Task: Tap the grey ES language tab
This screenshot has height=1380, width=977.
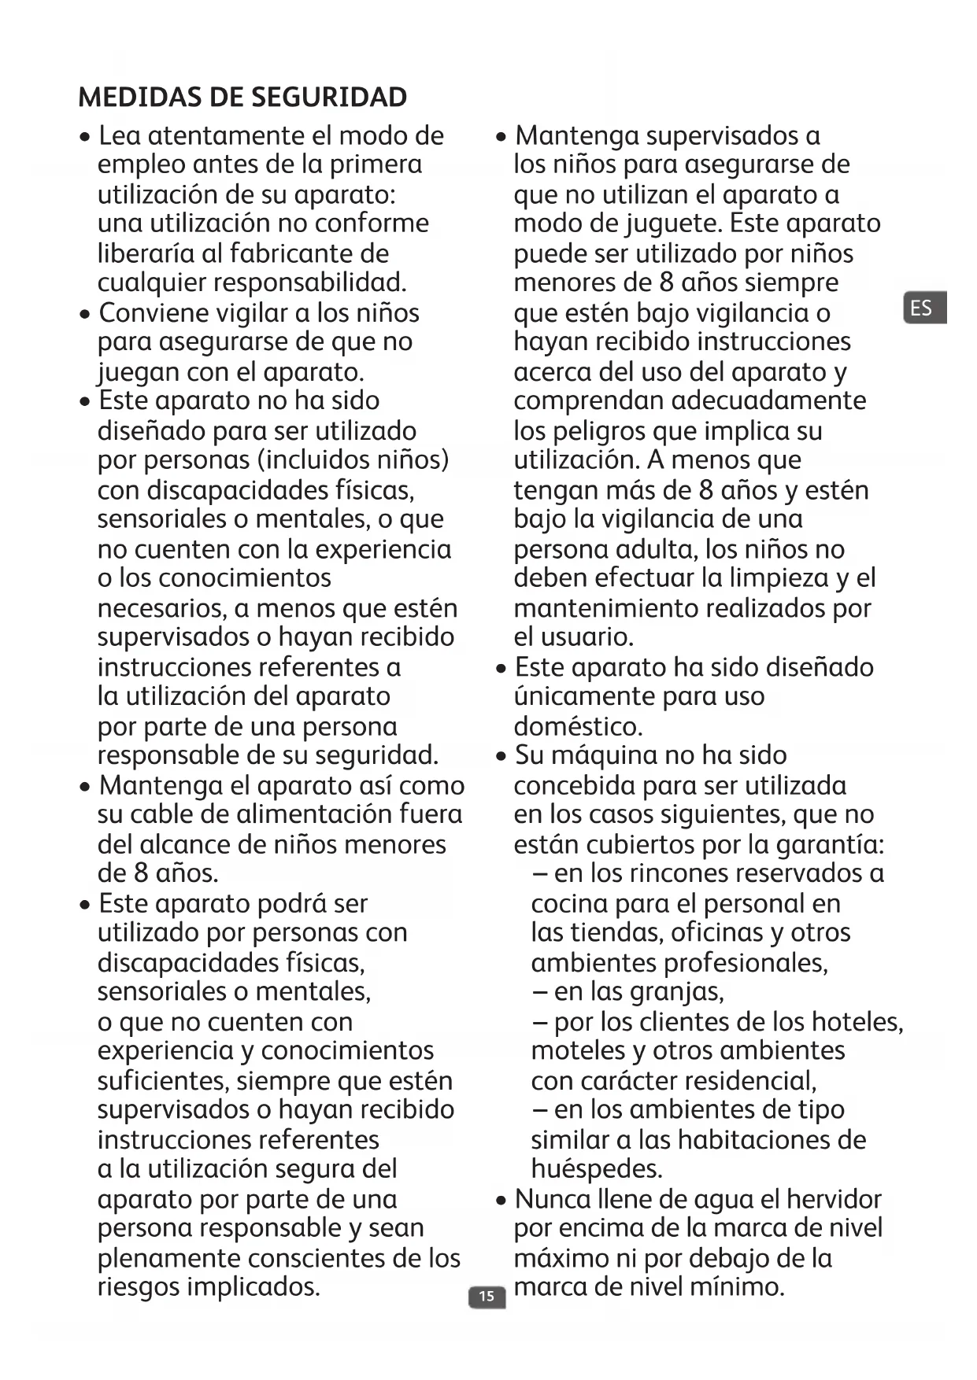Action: pyautogui.click(x=923, y=308)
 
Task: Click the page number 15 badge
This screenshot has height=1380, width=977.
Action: pyautogui.click(x=487, y=1297)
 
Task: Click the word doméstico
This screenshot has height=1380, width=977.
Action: pyautogui.click(x=578, y=725)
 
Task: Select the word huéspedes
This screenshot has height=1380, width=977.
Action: pyautogui.click(x=597, y=1169)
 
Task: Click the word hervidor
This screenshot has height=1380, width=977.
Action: pyautogui.click(x=834, y=1199)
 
